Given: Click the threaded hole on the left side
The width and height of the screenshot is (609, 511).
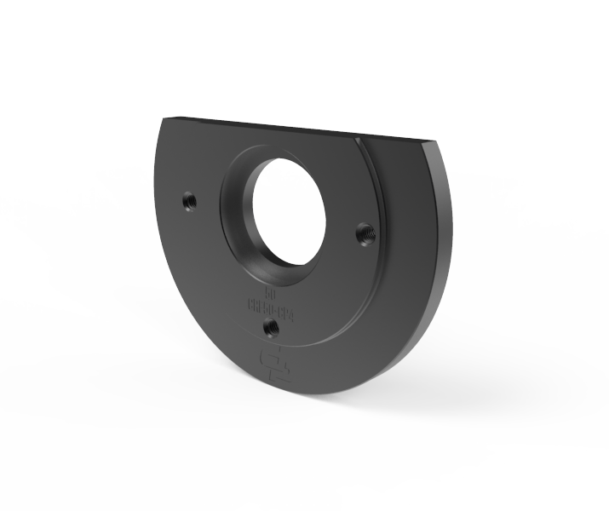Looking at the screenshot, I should click(188, 202).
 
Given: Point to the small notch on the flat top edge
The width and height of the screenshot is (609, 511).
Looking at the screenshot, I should click(361, 134).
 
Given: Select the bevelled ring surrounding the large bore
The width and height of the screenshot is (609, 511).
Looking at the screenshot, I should click(234, 213).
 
